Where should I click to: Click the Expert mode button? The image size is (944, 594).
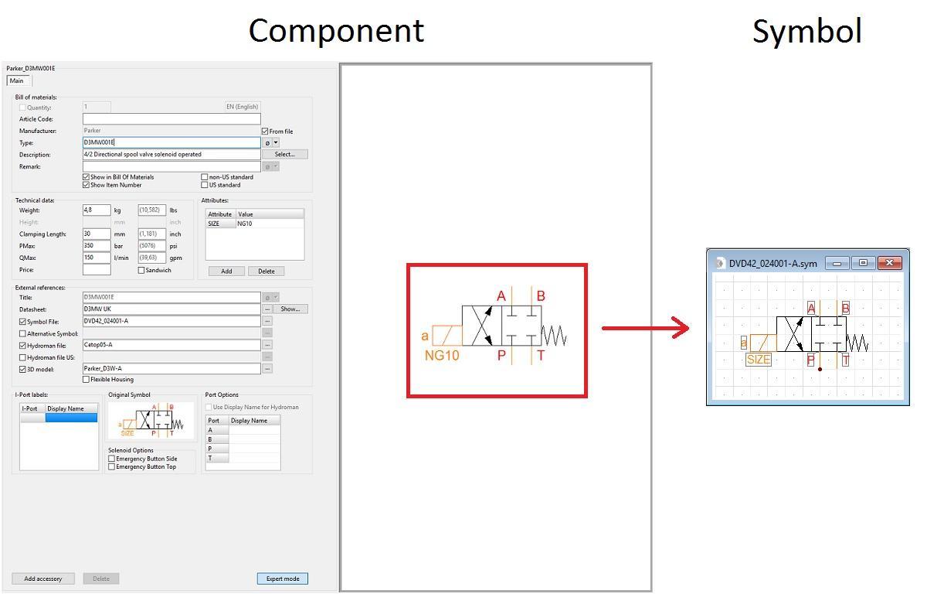[x=282, y=579]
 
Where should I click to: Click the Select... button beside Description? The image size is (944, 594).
[x=284, y=154]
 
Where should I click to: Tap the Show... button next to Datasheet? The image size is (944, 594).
[x=290, y=309]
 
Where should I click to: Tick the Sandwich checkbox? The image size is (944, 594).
[x=141, y=271]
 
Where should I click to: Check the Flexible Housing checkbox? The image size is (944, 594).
[x=86, y=379]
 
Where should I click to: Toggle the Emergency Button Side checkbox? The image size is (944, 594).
[x=112, y=459]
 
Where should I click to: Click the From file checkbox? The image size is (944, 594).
[x=265, y=131]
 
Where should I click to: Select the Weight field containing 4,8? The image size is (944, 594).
[x=96, y=210]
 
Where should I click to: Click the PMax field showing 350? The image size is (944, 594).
[x=96, y=246]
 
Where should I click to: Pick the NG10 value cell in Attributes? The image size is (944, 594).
[x=268, y=224]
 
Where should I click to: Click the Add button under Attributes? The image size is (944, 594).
[x=226, y=271]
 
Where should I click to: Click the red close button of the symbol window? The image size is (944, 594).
[x=889, y=263]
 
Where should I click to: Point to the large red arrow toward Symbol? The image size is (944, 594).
[x=645, y=328]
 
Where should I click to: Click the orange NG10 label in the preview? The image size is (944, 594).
[x=442, y=356]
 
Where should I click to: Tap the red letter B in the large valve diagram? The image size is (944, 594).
[x=541, y=296]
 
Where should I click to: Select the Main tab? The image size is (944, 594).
[x=16, y=80]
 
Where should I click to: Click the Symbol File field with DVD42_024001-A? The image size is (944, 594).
[x=171, y=321]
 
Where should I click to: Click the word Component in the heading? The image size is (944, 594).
[x=336, y=31]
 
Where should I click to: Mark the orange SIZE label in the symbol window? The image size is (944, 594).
[x=758, y=360]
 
